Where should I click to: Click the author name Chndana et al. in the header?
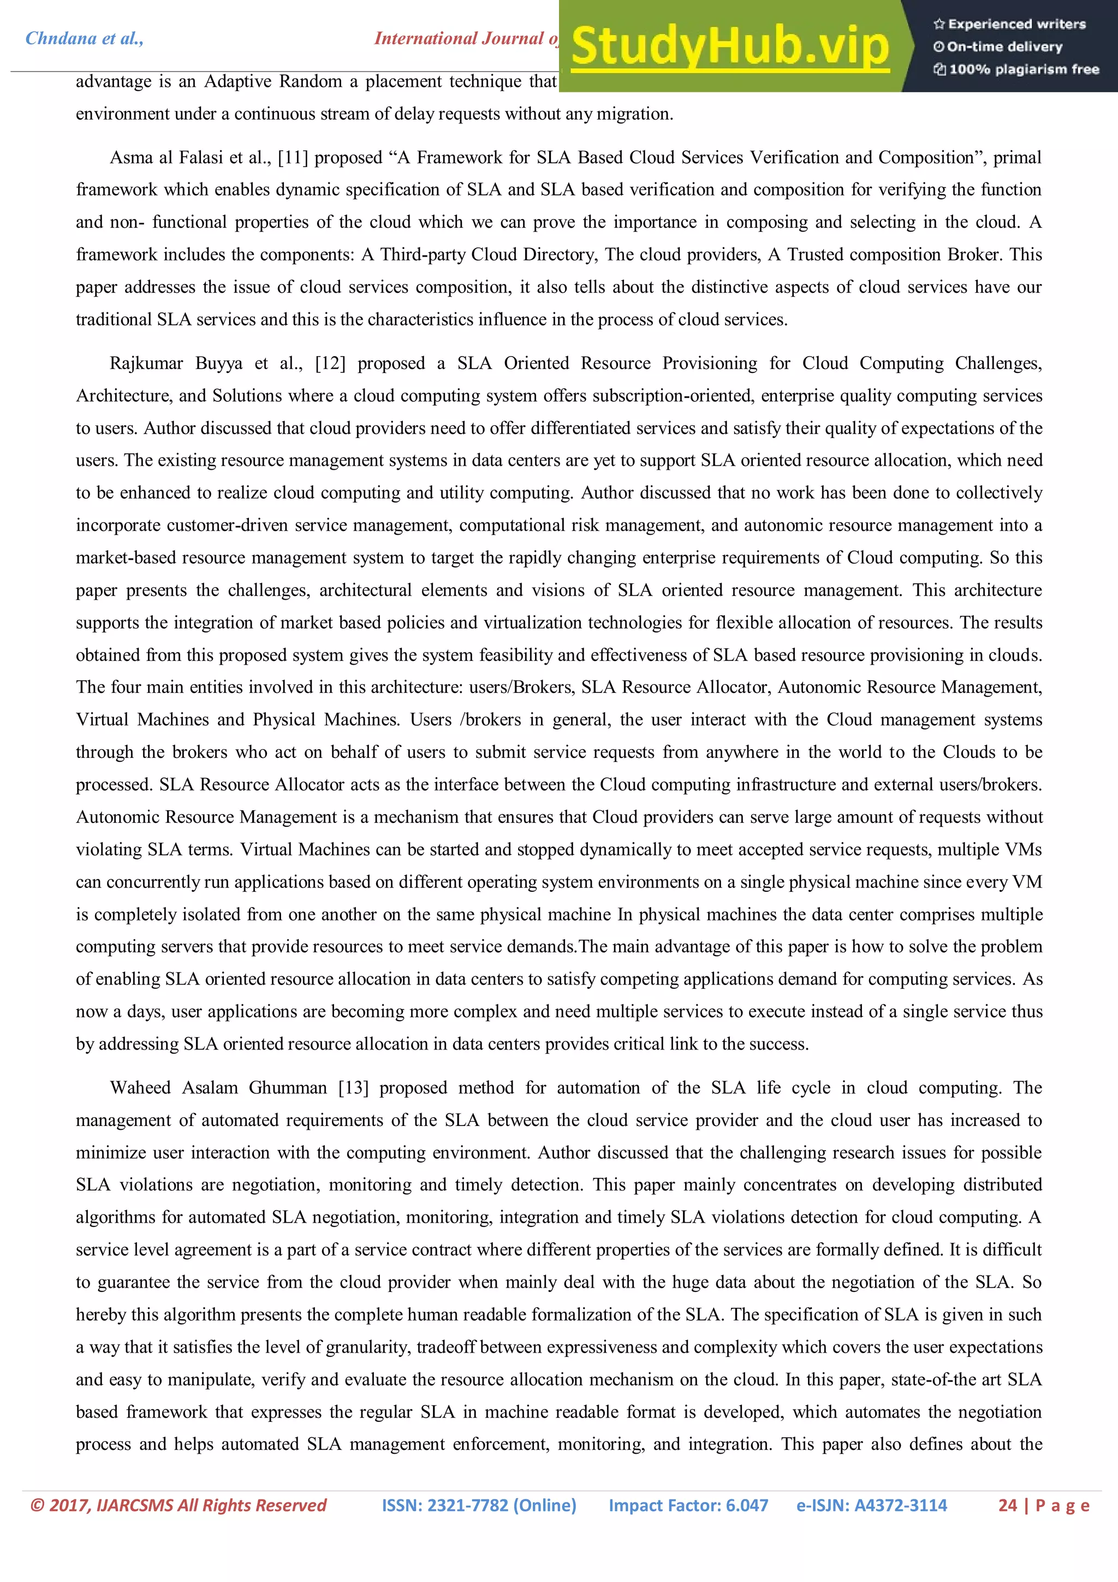pos(84,39)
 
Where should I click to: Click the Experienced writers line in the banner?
pos(1010,24)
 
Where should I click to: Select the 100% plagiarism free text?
pos(1017,69)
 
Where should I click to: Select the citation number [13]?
pos(353,1087)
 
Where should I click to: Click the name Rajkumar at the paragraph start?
pos(146,363)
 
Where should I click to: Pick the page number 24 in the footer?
pos(1007,1506)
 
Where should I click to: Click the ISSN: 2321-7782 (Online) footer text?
pos(479,1506)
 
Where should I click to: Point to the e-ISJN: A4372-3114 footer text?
pos(871,1506)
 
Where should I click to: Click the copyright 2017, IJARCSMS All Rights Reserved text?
pos(179,1506)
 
